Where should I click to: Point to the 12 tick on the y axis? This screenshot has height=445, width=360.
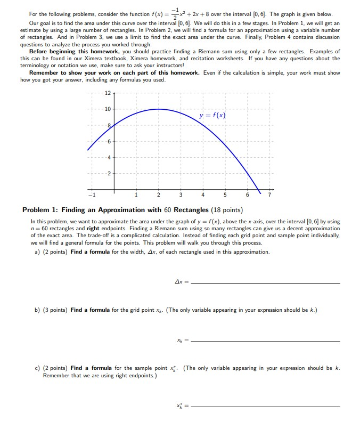[108, 93]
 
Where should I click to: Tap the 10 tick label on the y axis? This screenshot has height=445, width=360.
[108, 109]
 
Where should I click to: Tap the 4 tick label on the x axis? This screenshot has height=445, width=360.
[203, 195]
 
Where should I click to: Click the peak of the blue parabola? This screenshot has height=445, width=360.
[158, 109]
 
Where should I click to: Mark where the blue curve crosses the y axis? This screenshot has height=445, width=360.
[113, 125]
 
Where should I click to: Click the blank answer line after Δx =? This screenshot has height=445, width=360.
[265, 284]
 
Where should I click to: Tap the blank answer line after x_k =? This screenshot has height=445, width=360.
[265, 341]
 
